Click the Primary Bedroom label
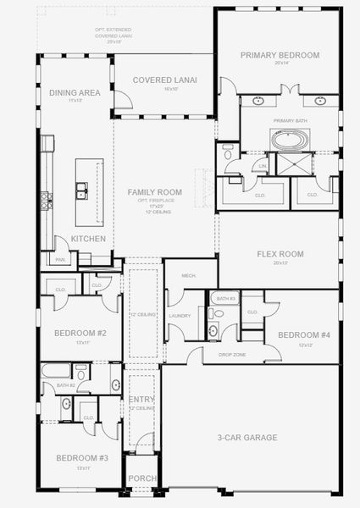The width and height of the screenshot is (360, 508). click(280, 55)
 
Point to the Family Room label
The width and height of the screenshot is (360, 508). click(154, 192)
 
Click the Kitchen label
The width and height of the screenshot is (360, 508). click(88, 239)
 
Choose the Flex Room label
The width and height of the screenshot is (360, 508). click(280, 253)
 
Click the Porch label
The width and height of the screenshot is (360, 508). click(141, 479)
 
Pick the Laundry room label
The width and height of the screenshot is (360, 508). click(180, 316)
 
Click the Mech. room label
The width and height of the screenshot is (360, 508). click(191, 274)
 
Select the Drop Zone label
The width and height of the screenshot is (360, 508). click(232, 355)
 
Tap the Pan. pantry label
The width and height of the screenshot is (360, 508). click(60, 260)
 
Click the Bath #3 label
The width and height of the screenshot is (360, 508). click(225, 299)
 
